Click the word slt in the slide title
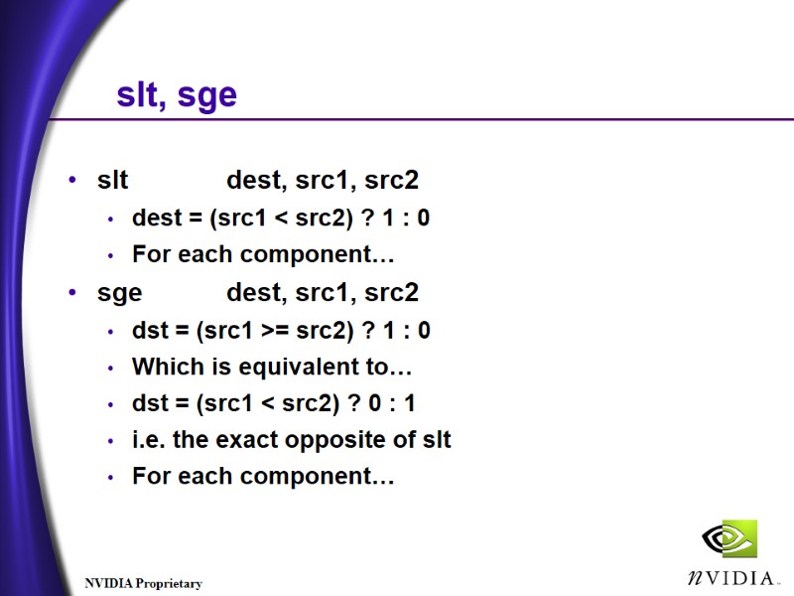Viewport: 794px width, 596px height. [x=138, y=94]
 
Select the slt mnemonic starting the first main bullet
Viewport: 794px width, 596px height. [x=112, y=181]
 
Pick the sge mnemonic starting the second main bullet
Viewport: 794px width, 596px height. [x=119, y=294]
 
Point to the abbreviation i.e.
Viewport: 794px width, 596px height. [x=149, y=439]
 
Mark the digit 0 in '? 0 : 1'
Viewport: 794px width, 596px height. [x=381, y=403]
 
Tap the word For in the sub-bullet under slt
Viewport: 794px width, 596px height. [x=151, y=254]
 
